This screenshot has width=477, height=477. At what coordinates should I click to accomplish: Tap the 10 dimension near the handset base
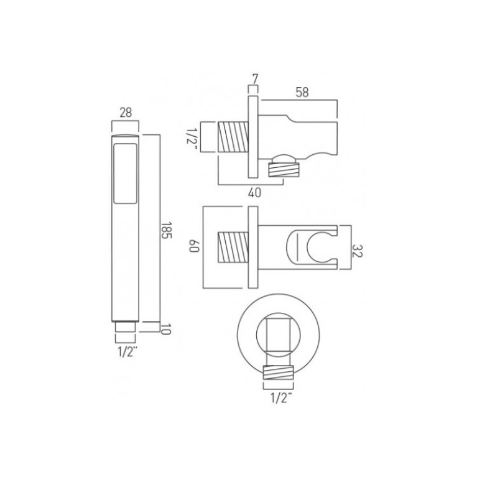point(165,329)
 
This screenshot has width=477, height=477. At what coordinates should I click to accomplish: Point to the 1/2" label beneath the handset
point(126,352)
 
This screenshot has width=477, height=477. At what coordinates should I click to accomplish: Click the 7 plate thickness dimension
point(254,79)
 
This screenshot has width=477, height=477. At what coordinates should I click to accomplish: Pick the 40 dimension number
point(254,192)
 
